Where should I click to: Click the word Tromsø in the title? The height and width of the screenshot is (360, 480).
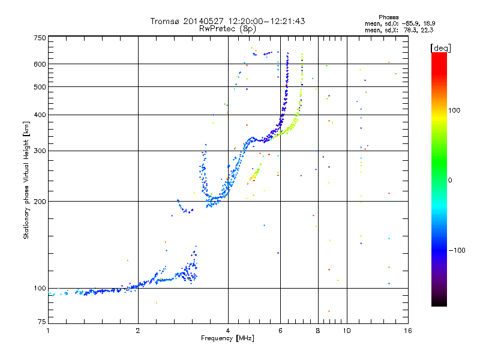pyautogui.click(x=165, y=21)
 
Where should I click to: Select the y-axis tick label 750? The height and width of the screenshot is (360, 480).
pyautogui.click(x=40, y=38)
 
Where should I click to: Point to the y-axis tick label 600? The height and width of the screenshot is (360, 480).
pyautogui.click(x=40, y=64)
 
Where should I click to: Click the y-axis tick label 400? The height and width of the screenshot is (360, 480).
pyautogui.click(x=40, y=115)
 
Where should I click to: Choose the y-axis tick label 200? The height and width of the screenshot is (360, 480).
pyautogui.click(x=40, y=202)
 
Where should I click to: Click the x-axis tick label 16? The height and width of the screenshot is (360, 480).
pyautogui.click(x=407, y=331)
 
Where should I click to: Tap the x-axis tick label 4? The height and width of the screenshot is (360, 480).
pyautogui.click(x=228, y=331)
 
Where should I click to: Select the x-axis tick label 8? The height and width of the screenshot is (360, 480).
pyautogui.click(x=318, y=331)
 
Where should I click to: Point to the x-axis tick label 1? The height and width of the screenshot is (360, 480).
pyautogui.click(x=48, y=331)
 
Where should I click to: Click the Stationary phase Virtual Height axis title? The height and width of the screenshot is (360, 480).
pyautogui.click(x=26, y=180)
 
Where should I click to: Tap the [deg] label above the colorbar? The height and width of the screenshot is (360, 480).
pyautogui.click(x=440, y=47)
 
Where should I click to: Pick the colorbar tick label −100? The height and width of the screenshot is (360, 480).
pyautogui.click(x=457, y=250)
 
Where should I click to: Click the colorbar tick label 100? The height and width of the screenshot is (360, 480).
pyautogui.click(x=455, y=110)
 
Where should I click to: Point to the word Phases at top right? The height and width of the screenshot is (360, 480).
pyautogui.click(x=389, y=17)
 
